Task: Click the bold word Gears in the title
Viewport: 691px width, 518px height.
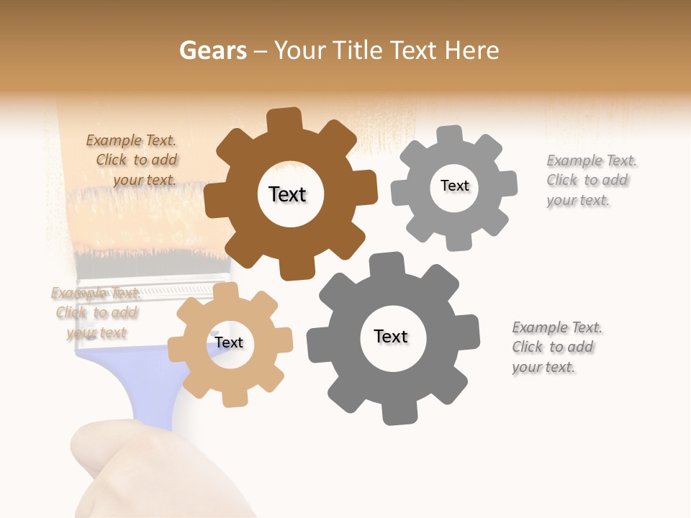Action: pyautogui.click(x=213, y=51)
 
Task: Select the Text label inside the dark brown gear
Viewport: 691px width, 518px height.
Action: pyautogui.click(x=287, y=194)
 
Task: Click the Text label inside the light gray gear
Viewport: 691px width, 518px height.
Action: pyautogui.click(x=454, y=186)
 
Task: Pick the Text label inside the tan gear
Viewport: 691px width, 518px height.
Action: pyautogui.click(x=229, y=342)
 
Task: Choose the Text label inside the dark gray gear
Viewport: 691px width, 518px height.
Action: pyautogui.click(x=391, y=336)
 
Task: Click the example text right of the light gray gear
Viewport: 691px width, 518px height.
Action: pyautogui.click(x=589, y=181)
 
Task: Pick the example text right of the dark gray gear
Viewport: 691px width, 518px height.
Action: pyautogui.click(x=555, y=347)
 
